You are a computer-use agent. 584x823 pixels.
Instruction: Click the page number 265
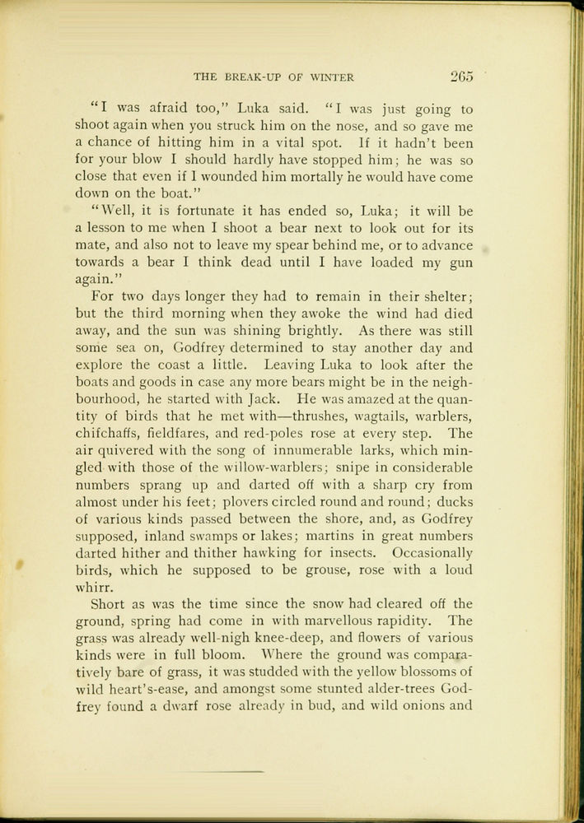pos(461,77)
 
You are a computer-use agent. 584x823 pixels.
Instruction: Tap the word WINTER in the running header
pos(332,78)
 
